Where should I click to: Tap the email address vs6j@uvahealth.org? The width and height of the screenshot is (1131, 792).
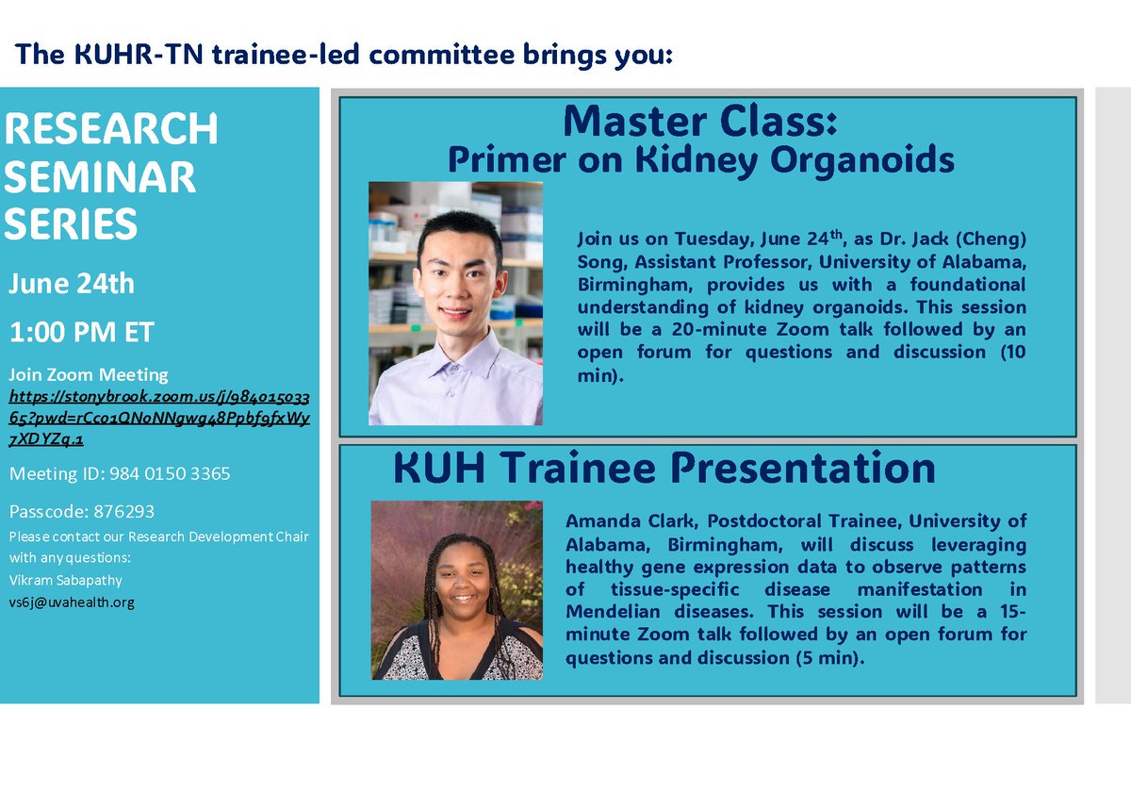tap(72, 602)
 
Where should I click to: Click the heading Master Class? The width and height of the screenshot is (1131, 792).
tap(699, 121)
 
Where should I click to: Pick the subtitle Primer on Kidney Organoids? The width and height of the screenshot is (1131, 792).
tap(700, 159)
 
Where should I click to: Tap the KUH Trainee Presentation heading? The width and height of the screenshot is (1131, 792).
tap(664, 468)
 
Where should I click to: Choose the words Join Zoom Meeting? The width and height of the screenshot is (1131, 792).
tap(89, 375)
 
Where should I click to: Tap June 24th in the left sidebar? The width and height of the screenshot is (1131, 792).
tap(72, 284)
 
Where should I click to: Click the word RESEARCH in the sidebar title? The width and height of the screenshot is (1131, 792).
tap(111, 129)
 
